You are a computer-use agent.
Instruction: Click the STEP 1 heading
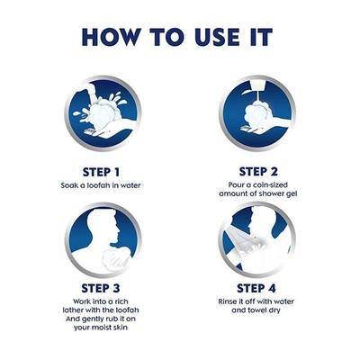[107, 170]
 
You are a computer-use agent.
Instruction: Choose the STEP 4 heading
[255, 287]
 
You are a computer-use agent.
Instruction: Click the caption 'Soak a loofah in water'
[107, 184]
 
